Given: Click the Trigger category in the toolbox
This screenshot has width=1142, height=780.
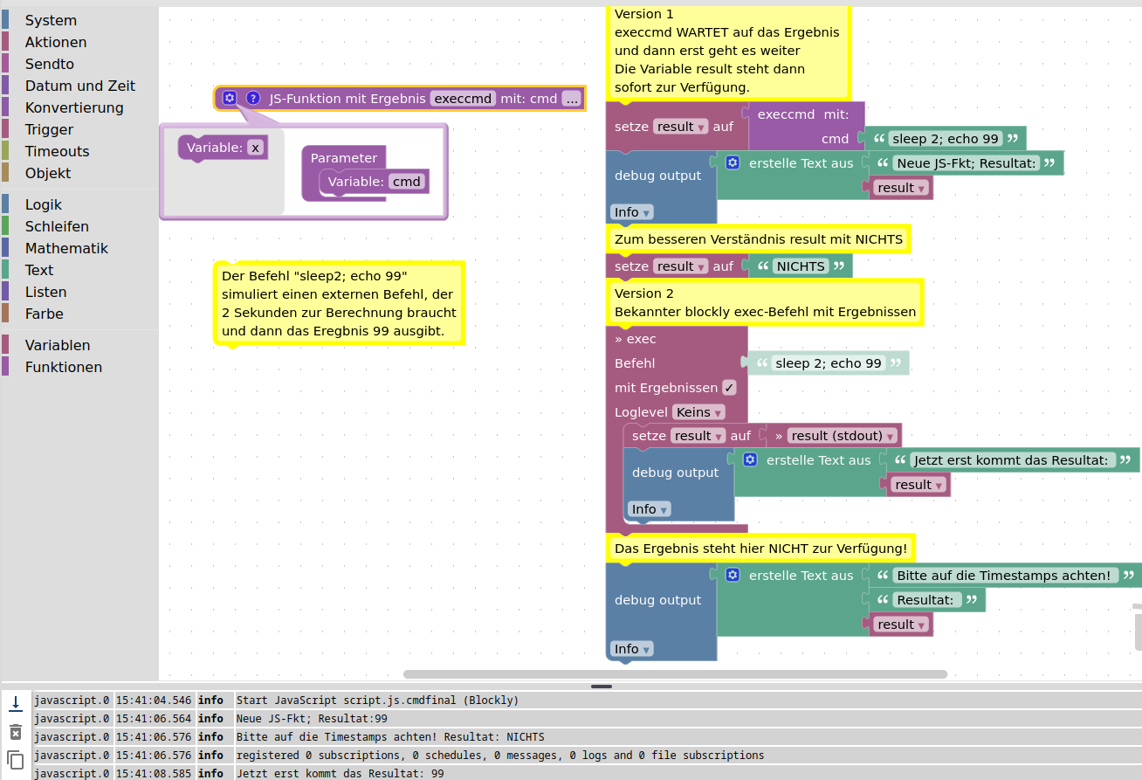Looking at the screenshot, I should (x=49, y=129).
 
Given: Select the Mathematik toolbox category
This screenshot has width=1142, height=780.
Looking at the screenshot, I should (x=66, y=248).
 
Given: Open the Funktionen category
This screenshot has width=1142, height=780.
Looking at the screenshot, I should (x=63, y=367).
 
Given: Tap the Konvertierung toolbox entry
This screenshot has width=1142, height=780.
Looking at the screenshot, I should (x=74, y=107).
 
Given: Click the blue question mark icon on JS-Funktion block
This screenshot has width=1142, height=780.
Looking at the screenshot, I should (x=253, y=98).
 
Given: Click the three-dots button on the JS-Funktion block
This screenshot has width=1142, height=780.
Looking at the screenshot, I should (x=572, y=99).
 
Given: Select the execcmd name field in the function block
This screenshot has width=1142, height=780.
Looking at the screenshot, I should (x=463, y=99).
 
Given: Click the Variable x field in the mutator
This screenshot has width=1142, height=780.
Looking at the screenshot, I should (x=255, y=148).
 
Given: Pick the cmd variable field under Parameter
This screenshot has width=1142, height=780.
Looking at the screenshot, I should (x=406, y=182).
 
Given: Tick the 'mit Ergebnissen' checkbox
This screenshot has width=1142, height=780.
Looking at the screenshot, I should (x=729, y=388).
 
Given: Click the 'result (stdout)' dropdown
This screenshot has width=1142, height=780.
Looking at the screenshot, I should (x=843, y=436).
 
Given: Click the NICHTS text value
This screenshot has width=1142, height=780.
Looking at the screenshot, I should (x=801, y=266).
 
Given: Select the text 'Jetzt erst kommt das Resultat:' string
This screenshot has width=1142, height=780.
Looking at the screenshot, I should (x=1012, y=460).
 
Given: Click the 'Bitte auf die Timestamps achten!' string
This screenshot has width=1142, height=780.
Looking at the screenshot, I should (x=1003, y=576).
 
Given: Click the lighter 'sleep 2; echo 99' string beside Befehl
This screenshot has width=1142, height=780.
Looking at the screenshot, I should (x=828, y=363).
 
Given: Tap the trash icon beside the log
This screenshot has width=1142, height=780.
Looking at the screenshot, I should (x=16, y=732).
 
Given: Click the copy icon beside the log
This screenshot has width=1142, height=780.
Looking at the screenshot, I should (x=16, y=759).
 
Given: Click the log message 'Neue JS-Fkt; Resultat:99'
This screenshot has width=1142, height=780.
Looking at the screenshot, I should (x=312, y=718).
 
